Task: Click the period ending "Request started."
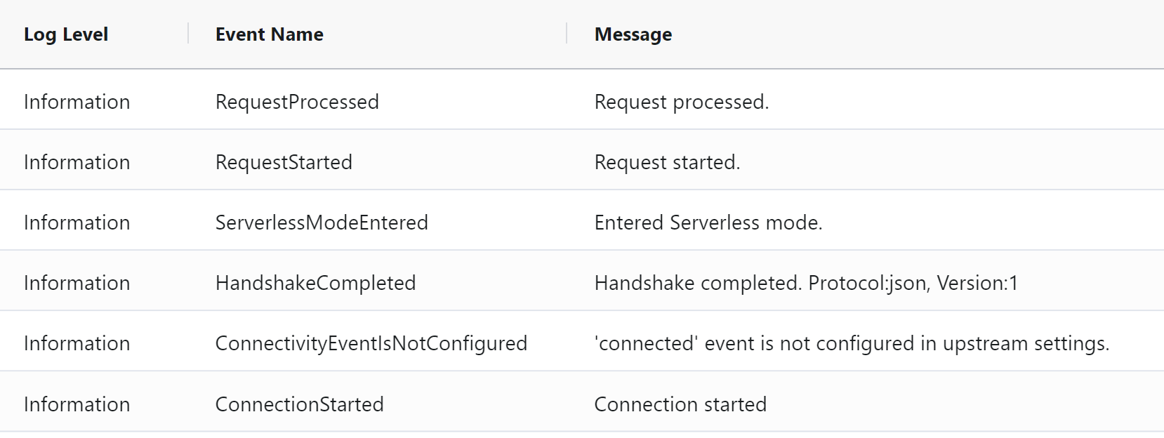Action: point(737,168)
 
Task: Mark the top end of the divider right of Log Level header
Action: point(188,23)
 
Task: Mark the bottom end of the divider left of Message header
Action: point(567,44)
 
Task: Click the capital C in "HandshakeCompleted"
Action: point(323,283)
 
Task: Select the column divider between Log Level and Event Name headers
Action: point(188,33)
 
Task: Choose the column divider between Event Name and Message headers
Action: point(567,33)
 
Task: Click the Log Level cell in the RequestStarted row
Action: point(77,162)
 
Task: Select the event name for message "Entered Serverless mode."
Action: point(322,223)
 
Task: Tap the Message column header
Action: point(633,34)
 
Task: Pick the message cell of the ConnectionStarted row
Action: point(680,404)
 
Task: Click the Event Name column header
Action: point(269,34)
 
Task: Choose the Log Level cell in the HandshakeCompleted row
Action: point(77,283)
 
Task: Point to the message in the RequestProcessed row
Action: point(681,102)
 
